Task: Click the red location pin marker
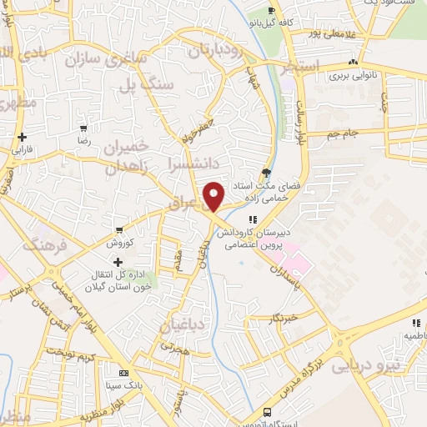click(x=214, y=196)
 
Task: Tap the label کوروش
click(x=122, y=243)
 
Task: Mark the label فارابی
click(x=21, y=151)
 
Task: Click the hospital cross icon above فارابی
click(x=21, y=138)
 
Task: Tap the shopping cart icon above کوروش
click(x=122, y=230)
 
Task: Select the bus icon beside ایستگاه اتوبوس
click(x=267, y=412)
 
